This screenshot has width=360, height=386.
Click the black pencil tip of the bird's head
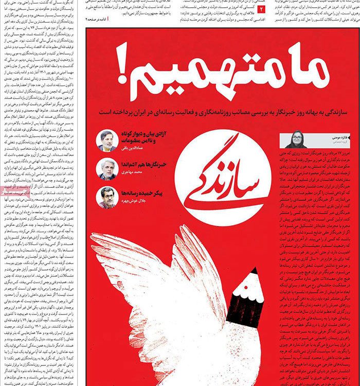tap(253, 272)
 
